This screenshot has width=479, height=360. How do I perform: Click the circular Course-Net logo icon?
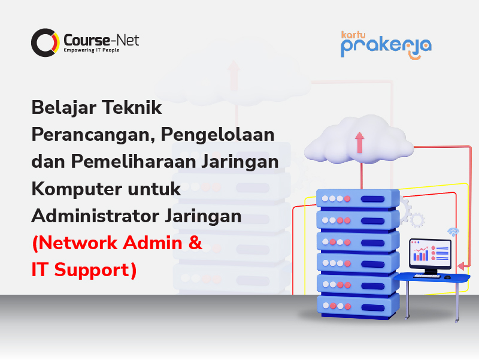click(46, 43)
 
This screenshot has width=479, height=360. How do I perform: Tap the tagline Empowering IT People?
click(92, 50)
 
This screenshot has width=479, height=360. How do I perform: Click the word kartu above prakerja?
click(353, 35)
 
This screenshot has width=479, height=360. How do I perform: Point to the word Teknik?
click(132, 107)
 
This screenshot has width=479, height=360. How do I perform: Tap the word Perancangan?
click(93, 135)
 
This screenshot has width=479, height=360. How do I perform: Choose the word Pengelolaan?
click(218, 135)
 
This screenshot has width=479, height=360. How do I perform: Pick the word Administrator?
click(96, 216)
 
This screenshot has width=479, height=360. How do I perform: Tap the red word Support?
click(95, 271)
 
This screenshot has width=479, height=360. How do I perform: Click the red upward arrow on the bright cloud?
click(360, 142)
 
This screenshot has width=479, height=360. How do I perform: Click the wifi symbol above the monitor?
click(453, 232)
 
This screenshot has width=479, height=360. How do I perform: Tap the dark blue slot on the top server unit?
click(372, 199)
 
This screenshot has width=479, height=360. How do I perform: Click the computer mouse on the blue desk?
click(447, 277)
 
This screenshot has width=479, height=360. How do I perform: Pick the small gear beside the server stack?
click(417, 220)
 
